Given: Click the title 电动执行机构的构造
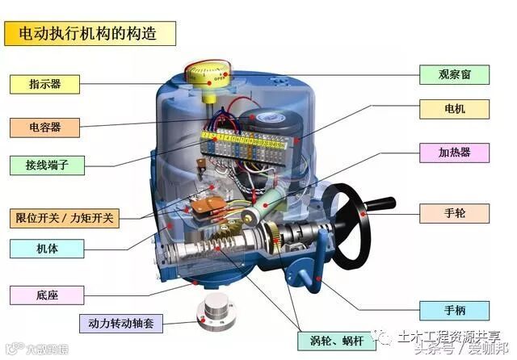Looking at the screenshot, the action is tap(90, 33).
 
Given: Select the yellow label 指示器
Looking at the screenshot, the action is tap(45, 83).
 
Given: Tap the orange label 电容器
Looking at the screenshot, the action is tap(45, 127).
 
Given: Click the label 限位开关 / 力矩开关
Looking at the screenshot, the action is tap(65, 218).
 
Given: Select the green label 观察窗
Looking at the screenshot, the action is tap(455, 74).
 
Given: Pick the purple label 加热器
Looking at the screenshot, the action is tap(454, 152).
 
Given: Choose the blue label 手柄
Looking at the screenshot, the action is tap(455, 309).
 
